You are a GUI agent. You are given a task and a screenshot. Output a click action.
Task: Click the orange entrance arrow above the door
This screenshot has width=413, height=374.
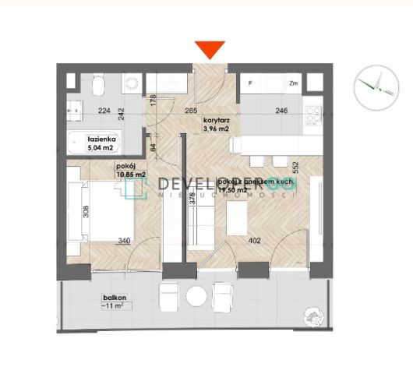click(x=210, y=50)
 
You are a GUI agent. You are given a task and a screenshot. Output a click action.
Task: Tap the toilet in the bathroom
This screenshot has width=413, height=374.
click(x=132, y=82)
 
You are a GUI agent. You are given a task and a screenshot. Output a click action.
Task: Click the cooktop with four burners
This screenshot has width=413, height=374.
click(x=313, y=115)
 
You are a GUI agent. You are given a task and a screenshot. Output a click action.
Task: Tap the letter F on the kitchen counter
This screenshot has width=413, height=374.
click(x=250, y=83)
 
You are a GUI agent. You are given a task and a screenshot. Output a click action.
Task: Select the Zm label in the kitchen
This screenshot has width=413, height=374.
click(x=295, y=83)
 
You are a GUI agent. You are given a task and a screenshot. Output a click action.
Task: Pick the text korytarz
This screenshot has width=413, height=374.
click(x=214, y=121)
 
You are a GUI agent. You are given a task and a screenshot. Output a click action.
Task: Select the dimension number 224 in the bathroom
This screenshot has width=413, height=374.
click(x=103, y=111)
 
